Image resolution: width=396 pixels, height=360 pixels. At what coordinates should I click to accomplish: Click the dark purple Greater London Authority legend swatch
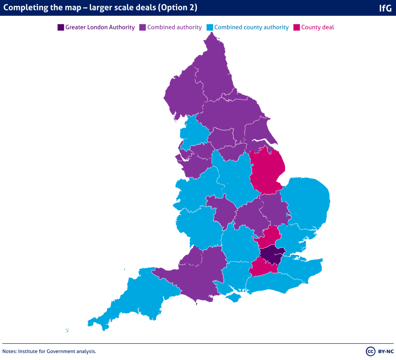pos(61,27)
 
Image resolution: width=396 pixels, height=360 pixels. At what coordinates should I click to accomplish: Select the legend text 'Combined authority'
pos(174,27)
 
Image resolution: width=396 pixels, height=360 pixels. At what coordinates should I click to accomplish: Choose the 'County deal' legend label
pos(317,27)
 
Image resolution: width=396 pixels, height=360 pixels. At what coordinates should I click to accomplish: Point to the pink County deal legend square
pos(297,27)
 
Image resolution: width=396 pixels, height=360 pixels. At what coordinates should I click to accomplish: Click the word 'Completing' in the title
pos(22,8)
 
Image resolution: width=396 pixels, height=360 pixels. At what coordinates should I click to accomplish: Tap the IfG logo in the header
pos(385,8)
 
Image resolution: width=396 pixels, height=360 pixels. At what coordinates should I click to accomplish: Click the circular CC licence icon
pos(370,351)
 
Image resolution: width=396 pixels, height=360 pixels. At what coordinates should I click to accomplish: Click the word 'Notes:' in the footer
pos(10,352)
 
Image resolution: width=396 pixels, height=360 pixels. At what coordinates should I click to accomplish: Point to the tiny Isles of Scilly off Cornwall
pos(67,331)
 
